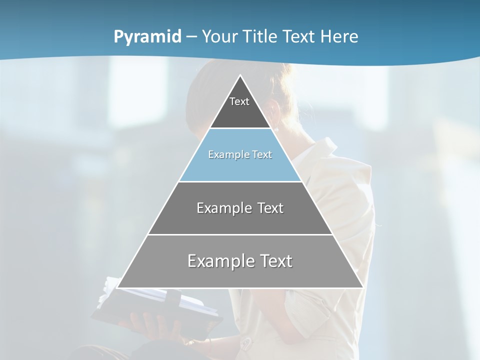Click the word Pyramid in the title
click(x=147, y=37)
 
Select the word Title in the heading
click(x=261, y=36)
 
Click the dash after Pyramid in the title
click(x=191, y=37)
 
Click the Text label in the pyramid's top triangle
click(x=239, y=101)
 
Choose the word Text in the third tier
click(x=270, y=208)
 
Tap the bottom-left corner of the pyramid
click(x=118, y=287)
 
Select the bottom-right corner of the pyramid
click(x=362, y=287)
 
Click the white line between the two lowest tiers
click(x=240, y=234)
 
